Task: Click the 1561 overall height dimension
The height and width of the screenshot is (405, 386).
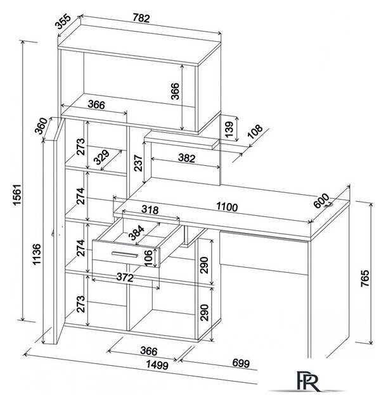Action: click(17, 195)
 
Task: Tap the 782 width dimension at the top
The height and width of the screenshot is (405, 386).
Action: click(141, 18)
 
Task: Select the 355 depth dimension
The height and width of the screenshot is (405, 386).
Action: click(63, 22)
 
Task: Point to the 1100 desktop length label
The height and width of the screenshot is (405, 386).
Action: click(227, 207)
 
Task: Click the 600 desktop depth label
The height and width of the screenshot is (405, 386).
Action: click(321, 201)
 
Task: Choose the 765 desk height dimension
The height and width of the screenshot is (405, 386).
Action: click(365, 278)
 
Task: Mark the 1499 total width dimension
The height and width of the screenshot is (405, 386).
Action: click(157, 364)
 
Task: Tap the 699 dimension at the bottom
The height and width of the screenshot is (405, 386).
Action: click(241, 363)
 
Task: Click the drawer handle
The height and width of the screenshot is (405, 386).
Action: click(125, 254)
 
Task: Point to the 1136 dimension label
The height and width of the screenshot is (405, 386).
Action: click(37, 254)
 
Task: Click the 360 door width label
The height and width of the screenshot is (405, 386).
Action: click(41, 126)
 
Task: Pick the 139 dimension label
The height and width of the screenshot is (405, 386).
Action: click(229, 129)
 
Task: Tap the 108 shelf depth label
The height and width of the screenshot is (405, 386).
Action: click(255, 132)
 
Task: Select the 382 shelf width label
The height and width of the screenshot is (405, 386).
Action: click(186, 158)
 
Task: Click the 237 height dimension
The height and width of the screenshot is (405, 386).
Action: click(138, 163)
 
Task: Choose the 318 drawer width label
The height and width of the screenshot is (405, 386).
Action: click(150, 209)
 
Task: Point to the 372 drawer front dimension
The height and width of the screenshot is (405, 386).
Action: click(125, 277)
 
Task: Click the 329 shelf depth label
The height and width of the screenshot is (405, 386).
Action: click(101, 158)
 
